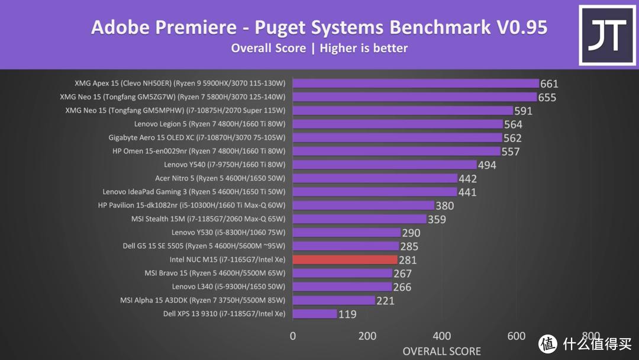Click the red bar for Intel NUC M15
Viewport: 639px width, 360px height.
pos(345,259)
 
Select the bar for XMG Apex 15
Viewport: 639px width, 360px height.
pos(415,83)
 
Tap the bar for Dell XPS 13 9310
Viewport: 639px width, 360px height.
pos(315,314)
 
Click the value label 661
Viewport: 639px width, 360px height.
pos(549,84)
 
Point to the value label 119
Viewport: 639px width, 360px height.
pos(347,314)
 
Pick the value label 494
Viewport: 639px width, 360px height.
pos(487,165)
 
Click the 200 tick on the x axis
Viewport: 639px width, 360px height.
pos(367,336)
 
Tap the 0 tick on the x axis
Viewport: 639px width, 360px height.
pos(293,336)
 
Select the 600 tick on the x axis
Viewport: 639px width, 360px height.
pos(517,336)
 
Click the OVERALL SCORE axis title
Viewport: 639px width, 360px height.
pos(441,351)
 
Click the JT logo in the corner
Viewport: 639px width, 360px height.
pos(606,35)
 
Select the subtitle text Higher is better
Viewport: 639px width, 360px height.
pos(363,48)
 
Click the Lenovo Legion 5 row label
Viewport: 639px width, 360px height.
pos(209,124)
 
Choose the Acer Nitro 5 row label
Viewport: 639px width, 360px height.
pos(220,178)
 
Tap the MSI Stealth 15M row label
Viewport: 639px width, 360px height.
pos(208,219)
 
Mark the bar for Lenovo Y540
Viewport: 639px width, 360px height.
pos(385,165)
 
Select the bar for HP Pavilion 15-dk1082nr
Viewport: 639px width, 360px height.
pos(363,205)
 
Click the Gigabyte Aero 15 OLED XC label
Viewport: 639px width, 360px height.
pos(196,137)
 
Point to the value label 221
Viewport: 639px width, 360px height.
pos(385,301)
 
